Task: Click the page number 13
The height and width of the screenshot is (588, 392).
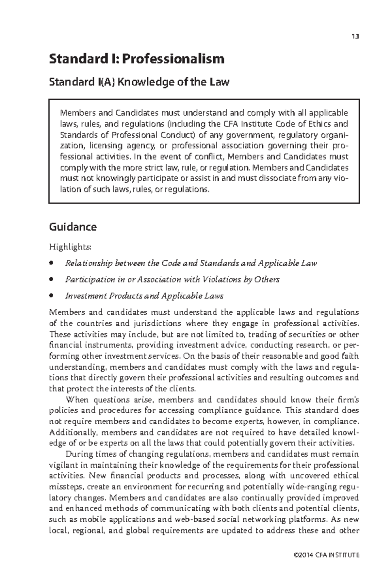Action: (355, 36)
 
